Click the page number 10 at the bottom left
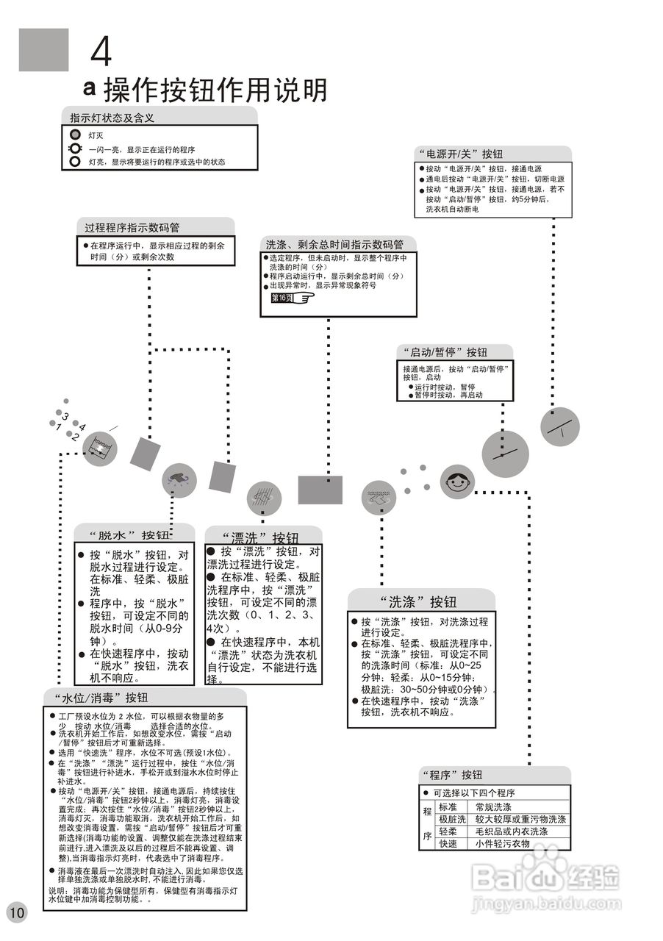tap(16, 913)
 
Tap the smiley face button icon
tap(457, 483)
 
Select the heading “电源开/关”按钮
tap(460, 154)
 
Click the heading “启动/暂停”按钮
tap(442, 352)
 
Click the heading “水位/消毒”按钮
tap(101, 697)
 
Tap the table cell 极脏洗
tap(452, 819)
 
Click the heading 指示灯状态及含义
tap(112, 117)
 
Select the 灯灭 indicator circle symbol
tap(74, 136)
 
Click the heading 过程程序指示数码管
tap(132, 227)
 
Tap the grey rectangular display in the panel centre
tap(320, 490)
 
